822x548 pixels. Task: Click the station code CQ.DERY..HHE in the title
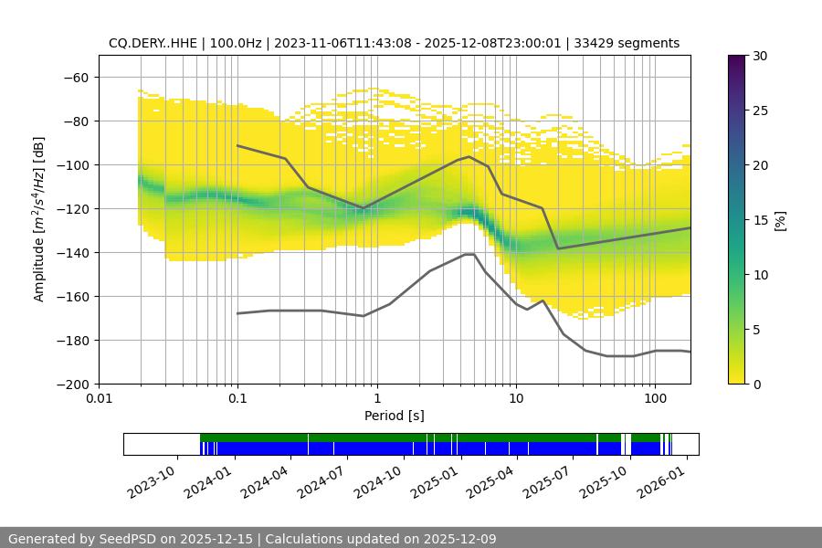point(148,43)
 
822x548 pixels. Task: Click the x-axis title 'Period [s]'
point(395,416)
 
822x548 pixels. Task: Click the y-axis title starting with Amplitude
point(39,219)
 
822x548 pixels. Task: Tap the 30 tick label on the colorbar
point(759,56)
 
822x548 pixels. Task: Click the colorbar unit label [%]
point(779,220)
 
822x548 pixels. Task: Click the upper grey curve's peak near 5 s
point(469,156)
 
